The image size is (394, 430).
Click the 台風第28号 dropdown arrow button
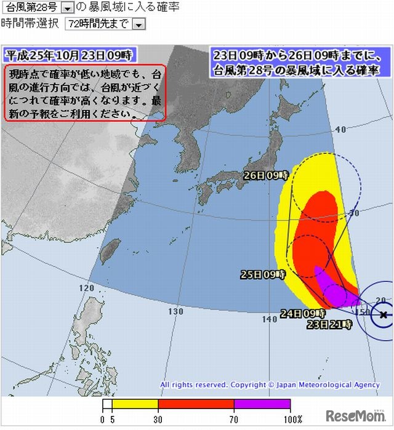click(x=68, y=7)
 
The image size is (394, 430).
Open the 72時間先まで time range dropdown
click(x=139, y=24)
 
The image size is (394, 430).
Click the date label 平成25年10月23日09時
click(x=68, y=55)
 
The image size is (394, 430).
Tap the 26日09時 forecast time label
click(x=265, y=175)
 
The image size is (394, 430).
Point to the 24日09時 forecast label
click(x=302, y=313)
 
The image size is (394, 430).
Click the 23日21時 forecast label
click(x=329, y=324)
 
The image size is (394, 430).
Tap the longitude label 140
click(x=269, y=319)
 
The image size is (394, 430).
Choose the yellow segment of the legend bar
click(x=134, y=404)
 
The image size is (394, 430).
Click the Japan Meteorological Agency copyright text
click(x=270, y=385)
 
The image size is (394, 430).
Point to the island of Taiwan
click(x=108, y=250)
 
